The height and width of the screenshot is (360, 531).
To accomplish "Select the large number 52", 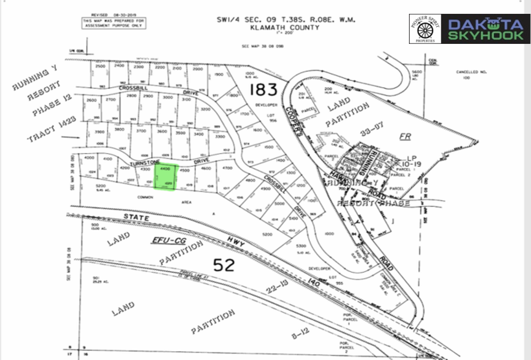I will coord(224,265).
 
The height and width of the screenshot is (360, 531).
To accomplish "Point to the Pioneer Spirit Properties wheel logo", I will coord(425,30).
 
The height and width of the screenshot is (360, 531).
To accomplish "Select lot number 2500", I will coord(100,67).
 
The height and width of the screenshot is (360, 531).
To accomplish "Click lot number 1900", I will coord(218,75).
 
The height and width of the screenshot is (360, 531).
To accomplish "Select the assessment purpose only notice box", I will coord(114,23).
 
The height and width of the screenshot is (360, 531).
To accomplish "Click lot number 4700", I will coord(227,168).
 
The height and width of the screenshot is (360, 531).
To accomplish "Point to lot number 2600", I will coord(92,100).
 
